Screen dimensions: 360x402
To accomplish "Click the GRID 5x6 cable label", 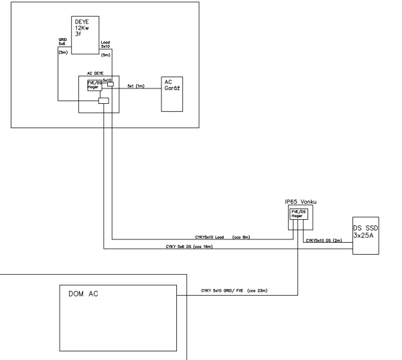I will click(x=62, y=43).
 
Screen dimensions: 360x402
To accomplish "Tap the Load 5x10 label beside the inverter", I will click(x=106, y=45).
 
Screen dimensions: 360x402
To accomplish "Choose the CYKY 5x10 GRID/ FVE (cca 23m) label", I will click(x=238, y=292).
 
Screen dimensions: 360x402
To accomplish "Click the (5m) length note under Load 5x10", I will click(x=105, y=55).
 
